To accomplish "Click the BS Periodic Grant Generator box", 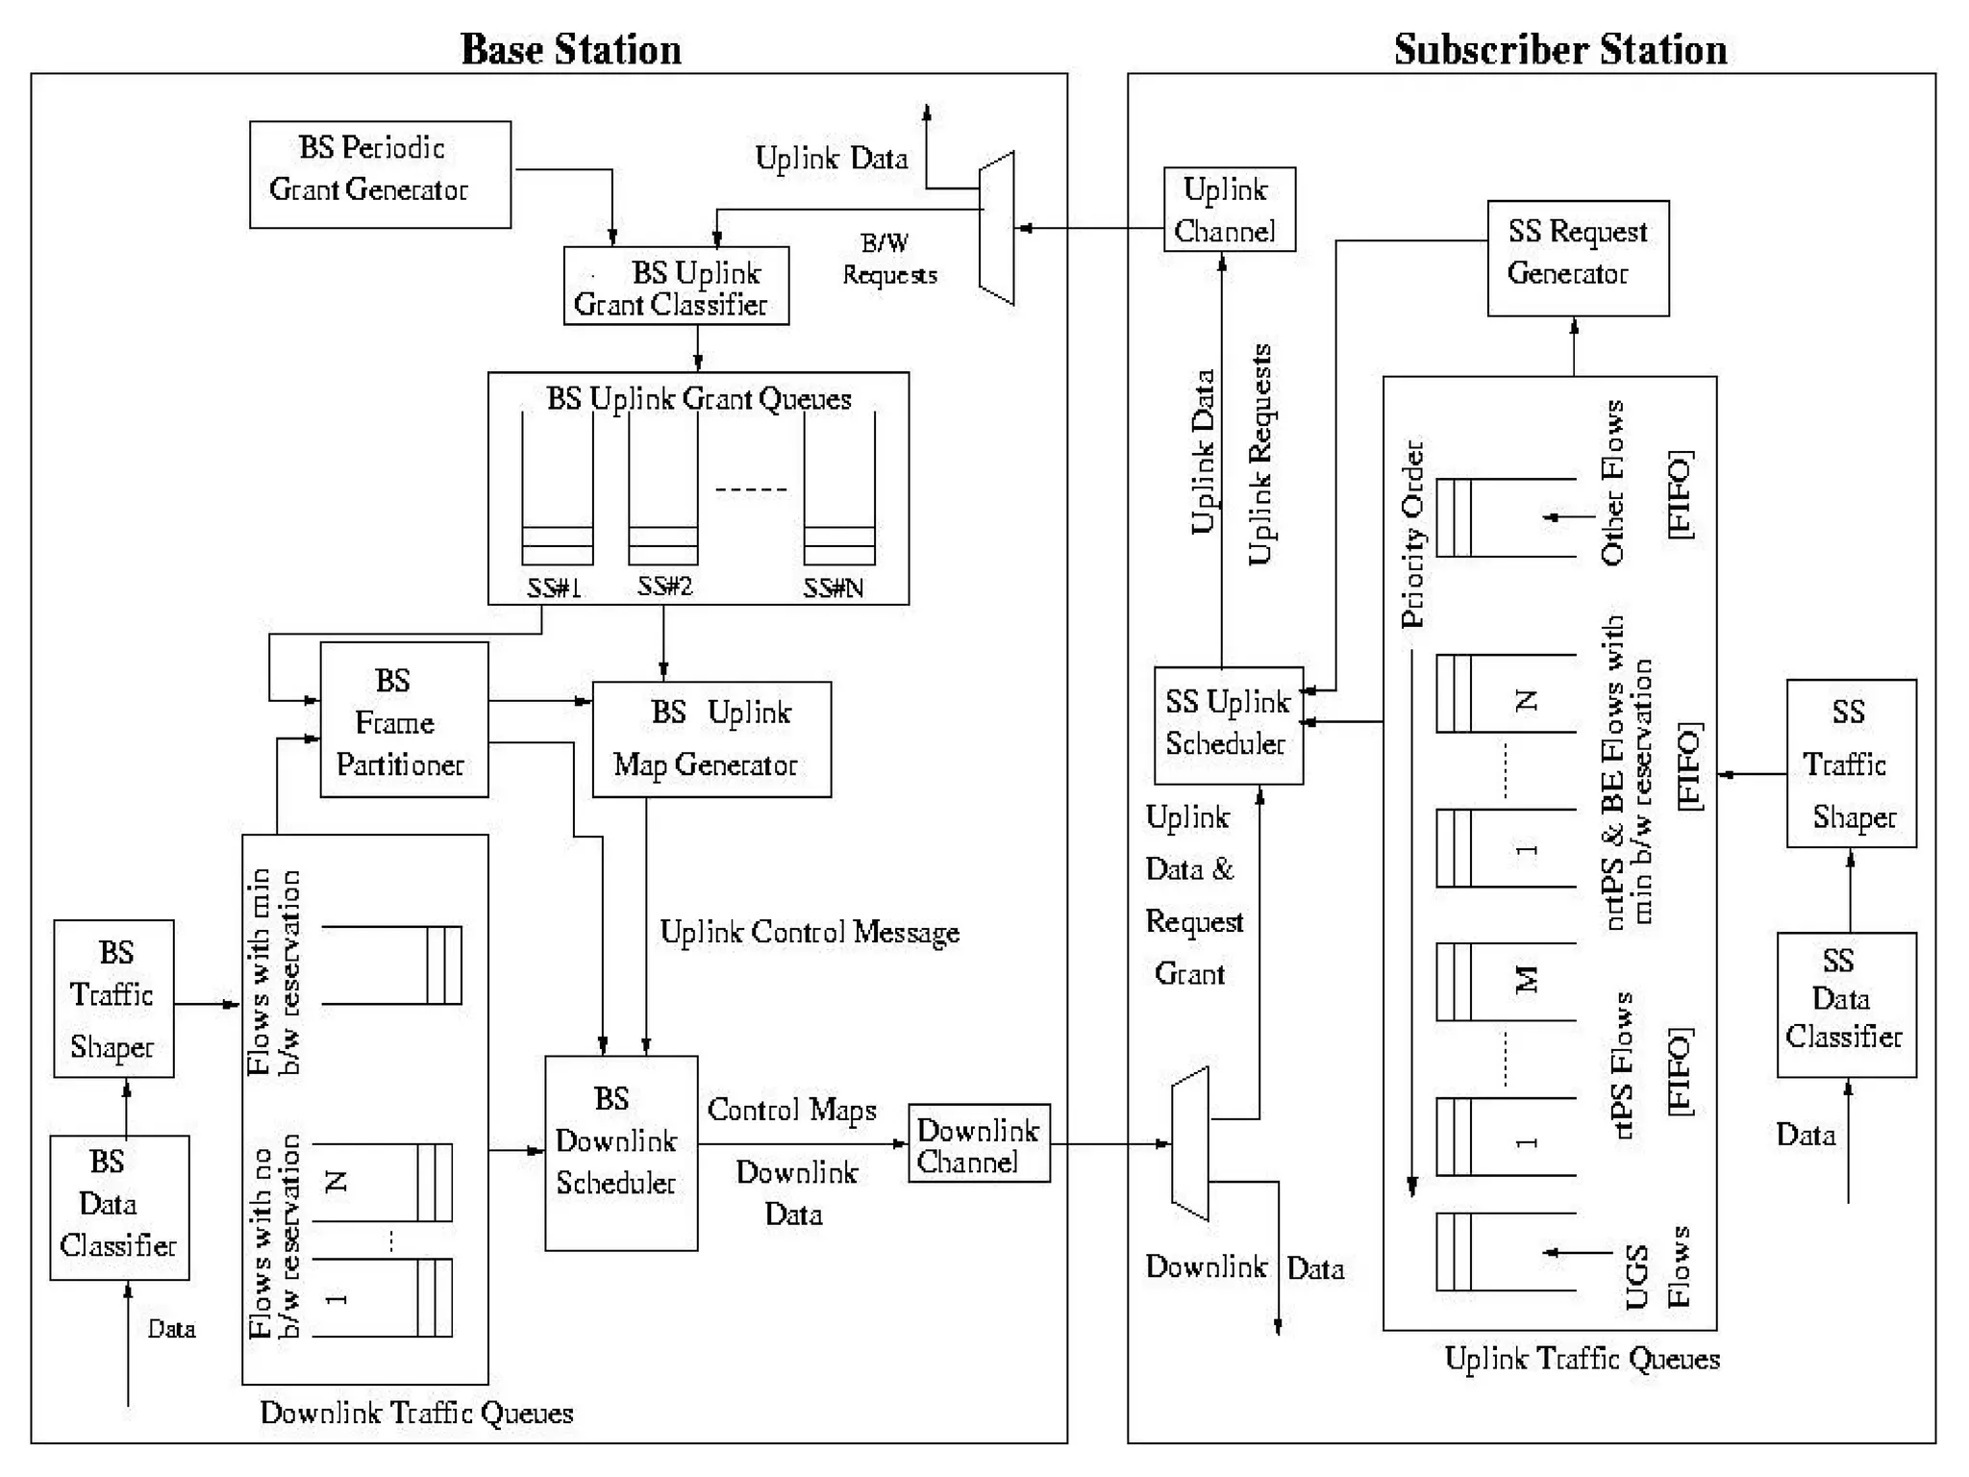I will click(380, 174).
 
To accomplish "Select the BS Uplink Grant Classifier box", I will click(676, 286).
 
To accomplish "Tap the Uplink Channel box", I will click(1229, 210).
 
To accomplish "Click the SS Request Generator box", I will click(1577, 258).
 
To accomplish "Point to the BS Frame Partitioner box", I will click(404, 719).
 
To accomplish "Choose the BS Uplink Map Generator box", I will click(711, 738).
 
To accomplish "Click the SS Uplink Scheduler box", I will click(1228, 725).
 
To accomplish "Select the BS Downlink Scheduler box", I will click(620, 1152).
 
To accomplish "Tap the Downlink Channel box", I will click(978, 1142).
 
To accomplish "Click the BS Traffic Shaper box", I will click(113, 998).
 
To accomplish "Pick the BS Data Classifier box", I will click(119, 1207).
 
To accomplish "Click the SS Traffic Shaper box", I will click(1851, 764).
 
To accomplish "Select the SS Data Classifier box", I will click(1846, 1004).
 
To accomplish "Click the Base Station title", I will click(571, 49).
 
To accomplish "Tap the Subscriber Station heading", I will click(1559, 49).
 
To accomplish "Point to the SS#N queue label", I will click(834, 588).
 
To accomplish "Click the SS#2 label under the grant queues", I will click(664, 586).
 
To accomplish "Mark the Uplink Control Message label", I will click(810, 932).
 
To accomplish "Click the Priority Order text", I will click(1412, 534).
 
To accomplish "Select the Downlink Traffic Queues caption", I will click(416, 1413).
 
